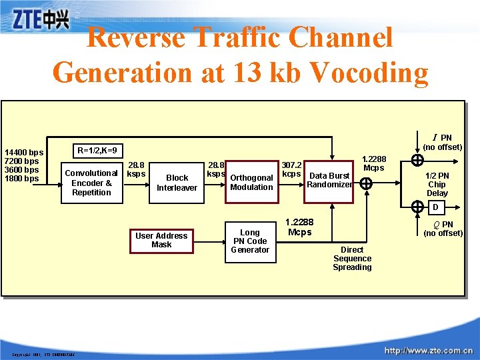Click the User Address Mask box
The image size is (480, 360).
point(162,240)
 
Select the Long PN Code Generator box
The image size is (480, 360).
point(250,241)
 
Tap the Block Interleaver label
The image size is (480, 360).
point(177,183)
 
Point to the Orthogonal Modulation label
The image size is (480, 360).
point(251,183)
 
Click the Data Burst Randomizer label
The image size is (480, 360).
point(329,180)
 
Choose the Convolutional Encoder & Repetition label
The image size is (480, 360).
point(91,183)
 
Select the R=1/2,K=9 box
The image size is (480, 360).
point(97,150)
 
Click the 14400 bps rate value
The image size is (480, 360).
point(23,153)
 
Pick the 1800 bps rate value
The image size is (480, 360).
point(22,179)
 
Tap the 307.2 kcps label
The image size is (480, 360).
point(292,169)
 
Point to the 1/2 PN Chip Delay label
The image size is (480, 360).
point(437,185)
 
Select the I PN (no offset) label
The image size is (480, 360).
point(443,142)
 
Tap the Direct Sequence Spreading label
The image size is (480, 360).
point(352,259)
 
